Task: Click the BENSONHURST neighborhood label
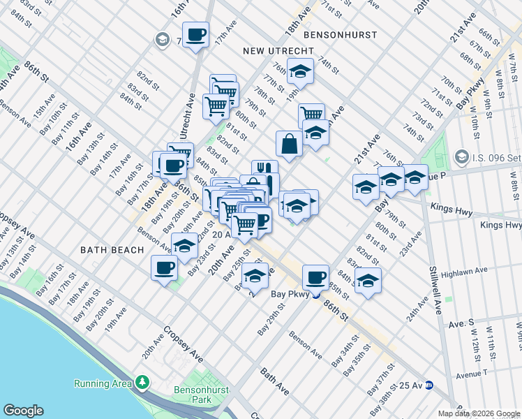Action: click(x=340, y=34)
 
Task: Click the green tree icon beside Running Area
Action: click(x=142, y=383)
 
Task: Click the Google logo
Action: click(x=23, y=411)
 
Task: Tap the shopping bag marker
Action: click(x=289, y=145)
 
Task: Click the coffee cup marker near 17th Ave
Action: click(x=196, y=34)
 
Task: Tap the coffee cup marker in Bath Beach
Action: click(x=165, y=268)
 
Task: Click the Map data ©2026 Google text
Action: click(x=479, y=413)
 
